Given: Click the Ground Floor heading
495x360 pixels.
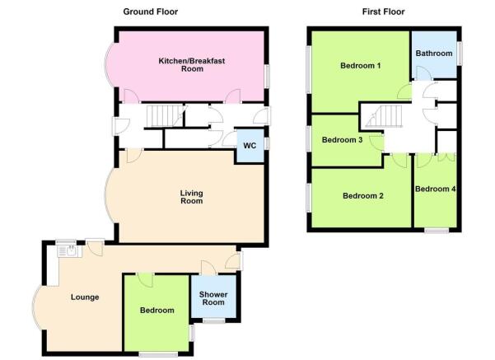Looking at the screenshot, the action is [150, 12].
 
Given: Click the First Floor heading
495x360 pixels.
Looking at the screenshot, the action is [383, 12].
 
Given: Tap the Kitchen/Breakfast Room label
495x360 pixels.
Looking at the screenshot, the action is [192, 65].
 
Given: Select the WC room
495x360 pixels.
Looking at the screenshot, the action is [250, 146].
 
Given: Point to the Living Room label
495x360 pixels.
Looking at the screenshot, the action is [192, 197].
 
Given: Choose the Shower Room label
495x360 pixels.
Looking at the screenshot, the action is [213, 298].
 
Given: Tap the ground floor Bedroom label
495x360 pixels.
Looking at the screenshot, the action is [156, 311].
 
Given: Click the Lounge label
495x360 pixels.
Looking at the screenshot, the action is [85, 297].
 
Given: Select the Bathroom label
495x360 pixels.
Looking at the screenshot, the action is [434, 54].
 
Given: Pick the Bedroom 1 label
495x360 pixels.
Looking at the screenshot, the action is [360, 66].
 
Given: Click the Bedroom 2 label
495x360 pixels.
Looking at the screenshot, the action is [363, 196].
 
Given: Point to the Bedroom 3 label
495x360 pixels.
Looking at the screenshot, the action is [342, 140].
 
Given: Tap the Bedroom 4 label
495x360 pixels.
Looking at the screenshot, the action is [436, 189].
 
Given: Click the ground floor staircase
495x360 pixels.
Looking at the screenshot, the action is [165, 115].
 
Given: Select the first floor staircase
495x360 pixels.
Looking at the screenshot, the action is [385, 116].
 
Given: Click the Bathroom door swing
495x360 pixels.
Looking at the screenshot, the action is [423, 73].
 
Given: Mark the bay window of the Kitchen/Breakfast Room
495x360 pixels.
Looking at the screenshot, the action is [109, 64].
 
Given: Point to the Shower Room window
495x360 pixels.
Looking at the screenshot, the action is [213, 320].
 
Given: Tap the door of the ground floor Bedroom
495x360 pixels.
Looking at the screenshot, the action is [145, 280].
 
